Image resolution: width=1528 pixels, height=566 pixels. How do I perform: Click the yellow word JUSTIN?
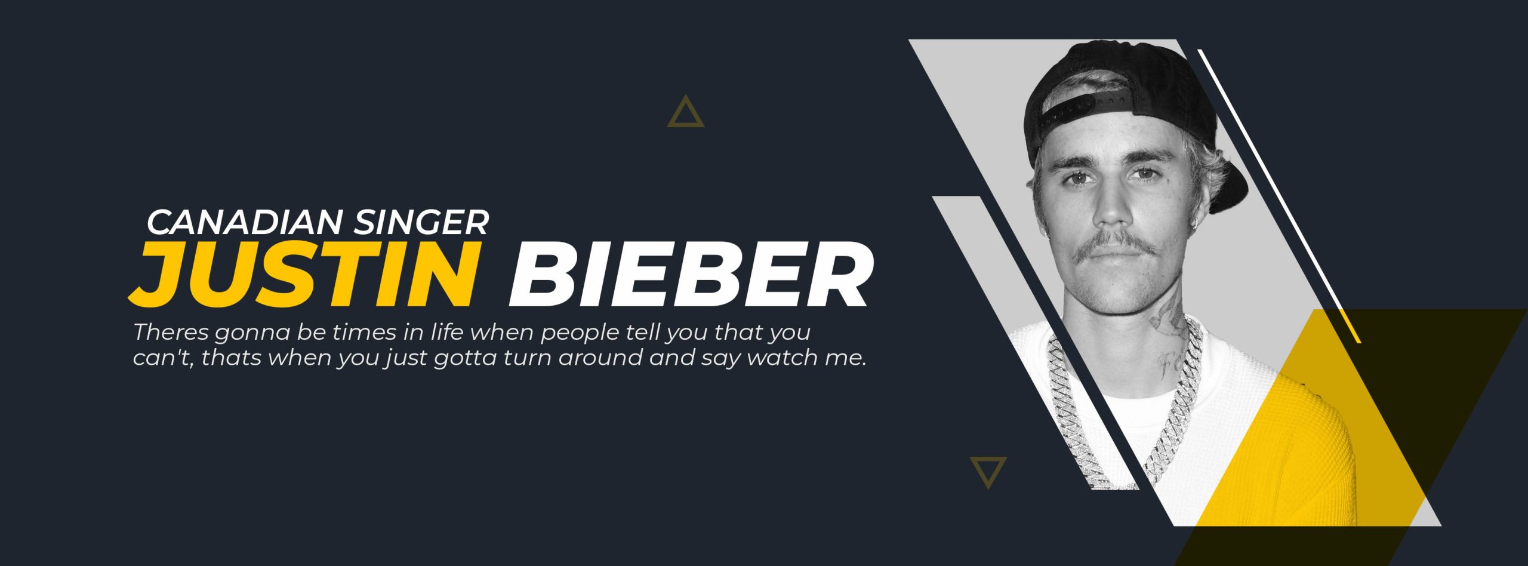click(304, 273)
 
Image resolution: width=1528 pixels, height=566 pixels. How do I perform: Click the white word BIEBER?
click(691, 273)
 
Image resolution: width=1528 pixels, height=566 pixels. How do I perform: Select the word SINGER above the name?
click(421, 222)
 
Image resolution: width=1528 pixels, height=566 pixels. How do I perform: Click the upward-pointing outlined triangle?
click(685, 112)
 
